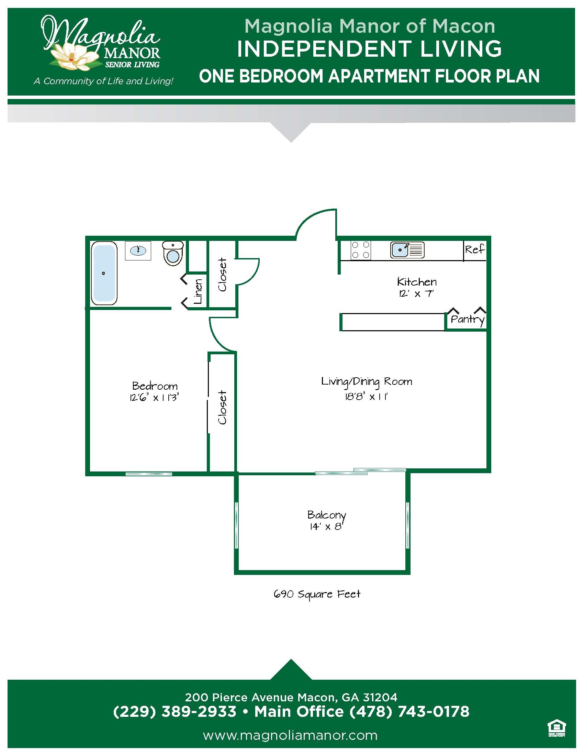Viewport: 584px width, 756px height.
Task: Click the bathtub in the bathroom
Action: click(104, 273)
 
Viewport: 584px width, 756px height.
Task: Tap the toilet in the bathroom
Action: click(173, 253)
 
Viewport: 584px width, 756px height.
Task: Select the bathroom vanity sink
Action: click(138, 250)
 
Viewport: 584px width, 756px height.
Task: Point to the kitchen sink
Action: click(407, 249)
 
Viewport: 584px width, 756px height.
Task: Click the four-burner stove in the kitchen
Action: click(360, 250)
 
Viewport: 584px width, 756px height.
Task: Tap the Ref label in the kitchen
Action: click(475, 249)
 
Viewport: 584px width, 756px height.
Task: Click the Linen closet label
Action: click(198, 291)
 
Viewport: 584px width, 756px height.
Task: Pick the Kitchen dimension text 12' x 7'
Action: click(417, 293)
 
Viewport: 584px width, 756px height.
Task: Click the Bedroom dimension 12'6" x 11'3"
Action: click(154, 397)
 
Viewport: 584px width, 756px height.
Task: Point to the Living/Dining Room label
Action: click(367, 382)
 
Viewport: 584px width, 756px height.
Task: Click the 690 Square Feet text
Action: click(317, 594)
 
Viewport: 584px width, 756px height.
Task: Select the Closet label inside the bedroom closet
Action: click(222, 408)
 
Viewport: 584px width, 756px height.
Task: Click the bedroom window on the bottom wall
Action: click(149, 474)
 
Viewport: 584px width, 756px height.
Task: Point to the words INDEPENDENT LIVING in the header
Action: click(369, 49)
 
